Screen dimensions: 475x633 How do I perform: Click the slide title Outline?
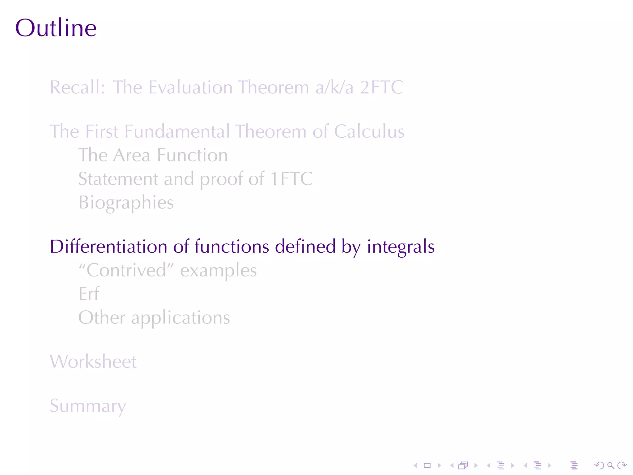coord(56,28)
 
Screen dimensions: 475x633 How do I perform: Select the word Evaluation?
coord(190,87)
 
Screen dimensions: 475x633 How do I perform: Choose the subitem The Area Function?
coord(153,155)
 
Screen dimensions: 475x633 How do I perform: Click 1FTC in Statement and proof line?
coord(291,179)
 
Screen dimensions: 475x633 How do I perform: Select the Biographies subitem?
coord(126,203)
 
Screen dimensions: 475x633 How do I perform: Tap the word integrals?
coord(401,246)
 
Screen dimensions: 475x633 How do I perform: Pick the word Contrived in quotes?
coord(126,270)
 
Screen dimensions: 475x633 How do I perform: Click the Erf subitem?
coord(89,294)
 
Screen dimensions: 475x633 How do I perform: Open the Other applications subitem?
coord(154,318)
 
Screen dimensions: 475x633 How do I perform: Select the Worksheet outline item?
coord(93,362)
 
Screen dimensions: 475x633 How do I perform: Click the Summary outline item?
coord(88,406)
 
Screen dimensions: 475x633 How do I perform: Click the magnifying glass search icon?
coord(610,465)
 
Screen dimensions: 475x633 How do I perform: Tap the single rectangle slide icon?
coord(427,465)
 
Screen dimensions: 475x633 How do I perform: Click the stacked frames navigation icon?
coord(463,465)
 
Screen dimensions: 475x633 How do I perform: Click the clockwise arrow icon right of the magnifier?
coord(622,465)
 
